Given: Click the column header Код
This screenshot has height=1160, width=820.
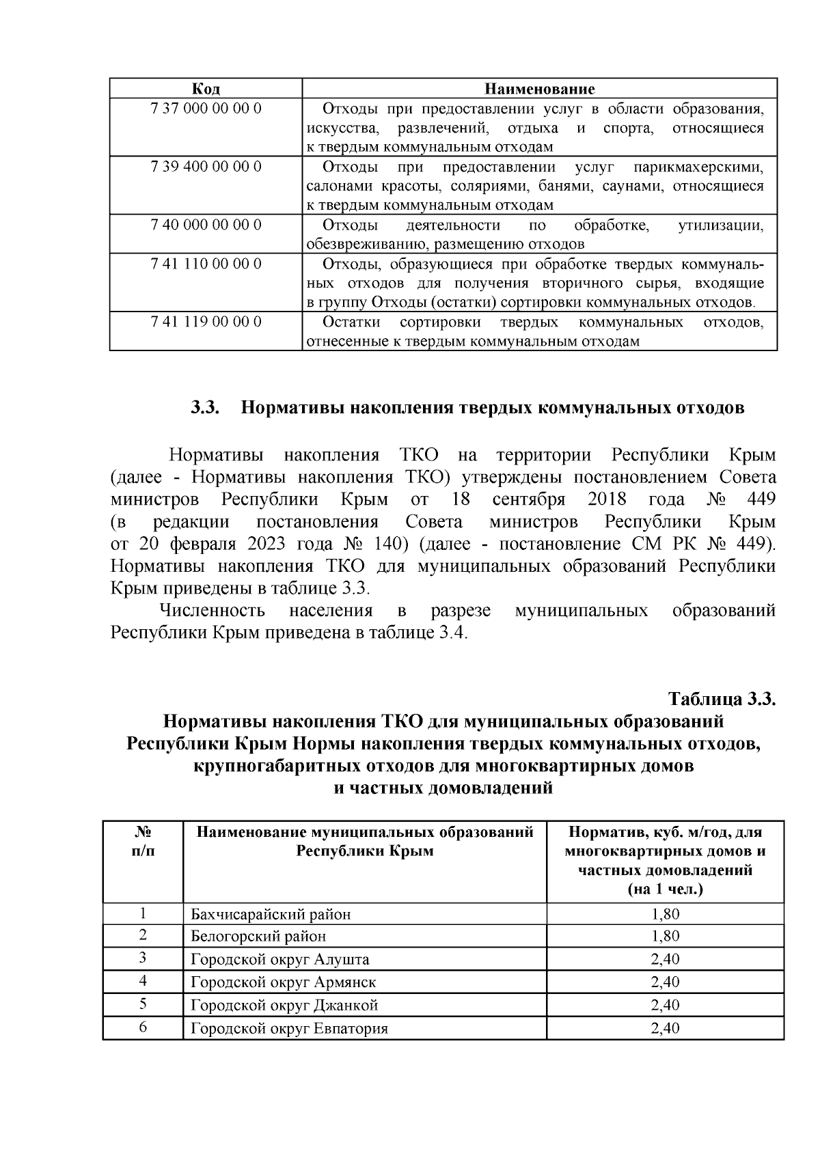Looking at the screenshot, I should click(206, 89).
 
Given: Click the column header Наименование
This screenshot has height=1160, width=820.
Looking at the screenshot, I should click(539, 89).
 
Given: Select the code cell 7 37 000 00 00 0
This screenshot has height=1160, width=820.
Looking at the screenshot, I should click(206, 109).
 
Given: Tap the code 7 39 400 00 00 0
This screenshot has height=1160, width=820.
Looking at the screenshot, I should click(206, 167).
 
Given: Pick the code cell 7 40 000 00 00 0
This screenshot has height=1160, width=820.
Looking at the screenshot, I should click(206, 225).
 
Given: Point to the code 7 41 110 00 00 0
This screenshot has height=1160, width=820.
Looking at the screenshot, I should click(206, 264).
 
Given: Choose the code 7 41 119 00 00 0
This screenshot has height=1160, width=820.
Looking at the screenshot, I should click(206, 322).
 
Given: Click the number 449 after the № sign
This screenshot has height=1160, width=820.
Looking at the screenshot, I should click(761, 499).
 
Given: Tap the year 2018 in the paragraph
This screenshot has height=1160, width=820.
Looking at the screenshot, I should click(606, 499).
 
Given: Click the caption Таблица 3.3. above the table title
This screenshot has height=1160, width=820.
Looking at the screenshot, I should click(722, 700).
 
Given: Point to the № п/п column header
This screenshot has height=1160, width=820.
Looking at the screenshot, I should click(143, 842).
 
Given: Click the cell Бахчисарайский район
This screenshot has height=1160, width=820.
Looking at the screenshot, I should click(271, 914).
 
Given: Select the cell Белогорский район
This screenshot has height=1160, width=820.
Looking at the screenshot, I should click(258, 937).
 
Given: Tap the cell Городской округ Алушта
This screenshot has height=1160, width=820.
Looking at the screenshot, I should click(280, 959).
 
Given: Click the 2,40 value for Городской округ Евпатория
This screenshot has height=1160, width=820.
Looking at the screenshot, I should click(665, 1028).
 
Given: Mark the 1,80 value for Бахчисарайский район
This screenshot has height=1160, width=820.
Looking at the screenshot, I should click(665, 914).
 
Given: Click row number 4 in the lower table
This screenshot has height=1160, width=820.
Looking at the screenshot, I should click(143, 982).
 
